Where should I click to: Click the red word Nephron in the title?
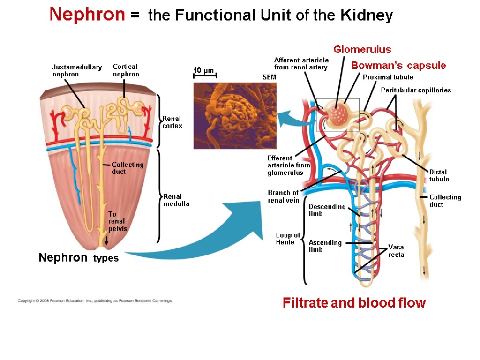(x=87, y=15)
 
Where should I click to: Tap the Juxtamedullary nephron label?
(x=77, y=71)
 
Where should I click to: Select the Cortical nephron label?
(x=126, y=70)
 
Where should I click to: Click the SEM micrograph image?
(x=235, y=116)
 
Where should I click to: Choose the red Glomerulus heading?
(x=362, y=50)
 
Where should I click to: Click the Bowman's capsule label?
(x=398, y=66)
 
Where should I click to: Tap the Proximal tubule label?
(x=388, y=77)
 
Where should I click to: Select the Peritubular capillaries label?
(x=416, y=90)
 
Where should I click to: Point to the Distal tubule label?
(x=439, y=175)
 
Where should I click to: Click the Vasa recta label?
(x=396, y=251)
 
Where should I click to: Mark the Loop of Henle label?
(x=288, y=239)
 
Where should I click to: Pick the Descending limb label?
(x=327, y=210)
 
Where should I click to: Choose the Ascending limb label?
(x=325, y=246)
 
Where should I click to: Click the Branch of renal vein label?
(x=283, y=196)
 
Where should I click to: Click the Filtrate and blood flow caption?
(x=354, y=303)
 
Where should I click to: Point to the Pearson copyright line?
(x=95, y=301)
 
